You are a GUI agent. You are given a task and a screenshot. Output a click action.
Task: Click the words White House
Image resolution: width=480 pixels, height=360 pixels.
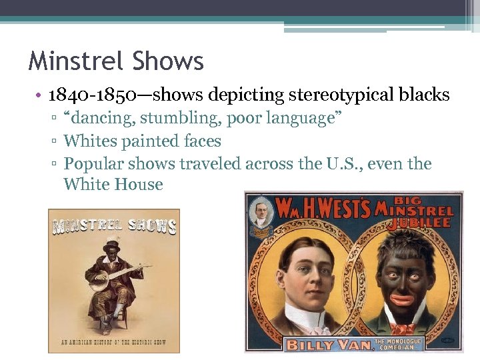click(113, 185)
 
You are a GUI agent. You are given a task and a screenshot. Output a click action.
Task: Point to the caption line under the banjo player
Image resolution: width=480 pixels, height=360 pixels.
click(113, 342)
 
